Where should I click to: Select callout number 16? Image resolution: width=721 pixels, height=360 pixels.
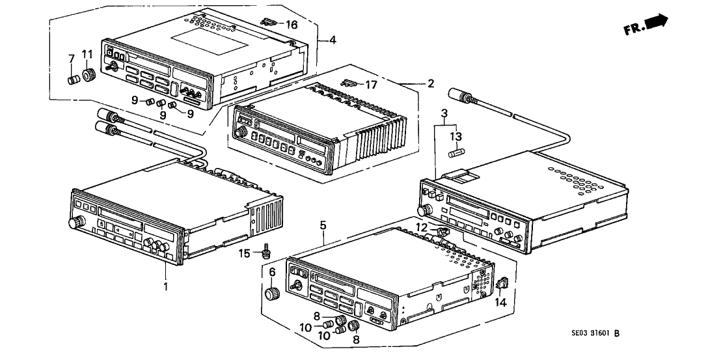pos(291,25)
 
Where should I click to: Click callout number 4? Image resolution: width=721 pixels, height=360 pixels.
pos(333,40)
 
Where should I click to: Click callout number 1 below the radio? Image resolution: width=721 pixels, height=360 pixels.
pos(165,286)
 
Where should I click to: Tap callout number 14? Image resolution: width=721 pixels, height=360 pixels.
pos(500,301)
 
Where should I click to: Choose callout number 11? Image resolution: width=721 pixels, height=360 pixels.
pos(87,54)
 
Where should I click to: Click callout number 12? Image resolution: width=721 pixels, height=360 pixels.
pos(422,227)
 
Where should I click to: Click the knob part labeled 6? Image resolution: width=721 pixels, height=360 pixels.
pos(272,292)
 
